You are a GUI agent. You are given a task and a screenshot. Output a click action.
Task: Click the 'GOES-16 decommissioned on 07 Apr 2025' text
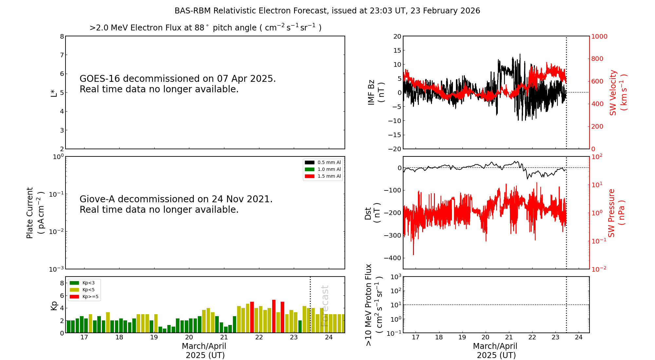click(x=178, y=79)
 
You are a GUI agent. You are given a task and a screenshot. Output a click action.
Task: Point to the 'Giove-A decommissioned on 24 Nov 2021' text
click(x=176, y=199)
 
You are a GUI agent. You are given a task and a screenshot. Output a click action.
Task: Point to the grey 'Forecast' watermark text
click(x=325, y=306)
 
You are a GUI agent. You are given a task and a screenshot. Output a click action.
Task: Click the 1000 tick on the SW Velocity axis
click(x=599, y=36)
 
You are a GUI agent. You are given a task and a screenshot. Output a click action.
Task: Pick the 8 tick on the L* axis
click(x=62, y=36)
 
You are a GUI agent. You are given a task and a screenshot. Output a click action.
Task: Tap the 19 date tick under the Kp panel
click(x=154, y=337)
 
